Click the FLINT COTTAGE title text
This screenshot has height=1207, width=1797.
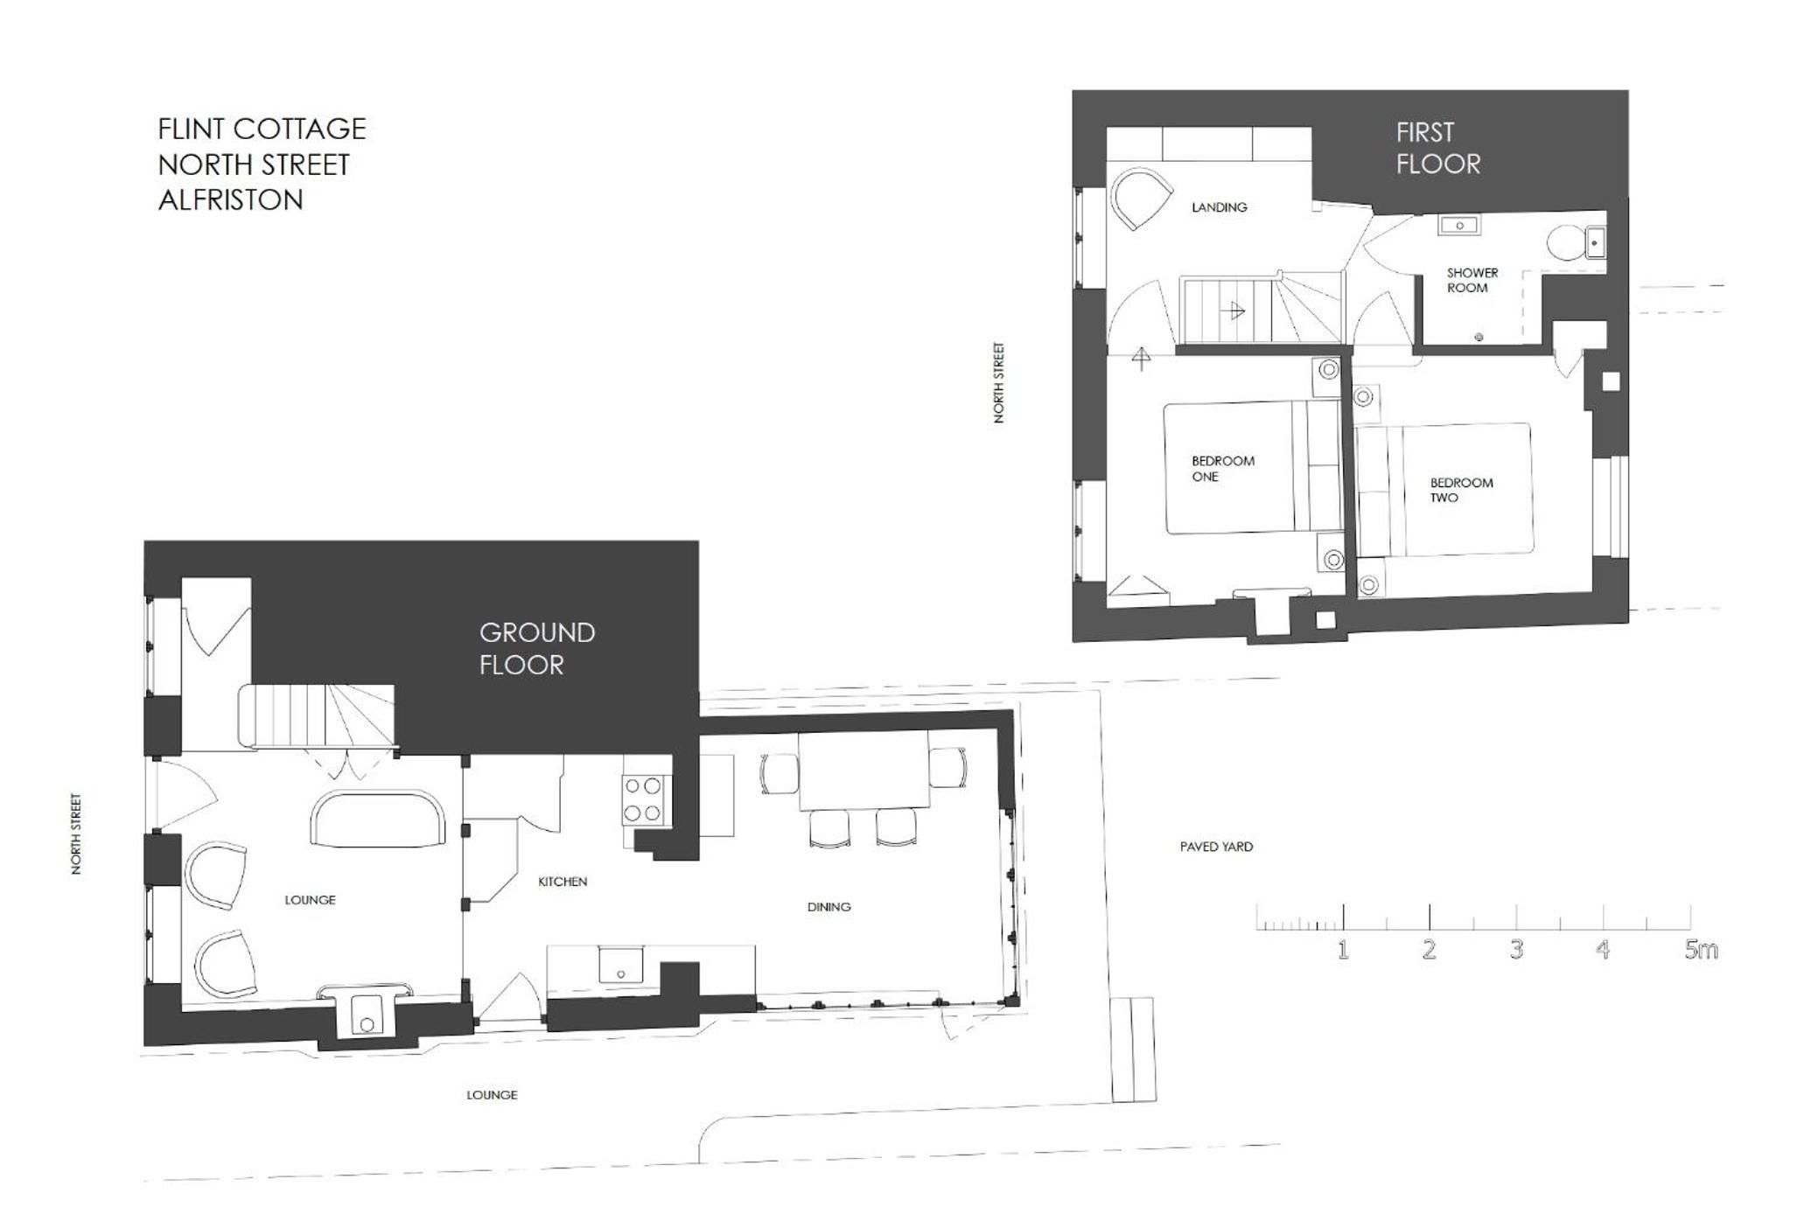click(262, 129)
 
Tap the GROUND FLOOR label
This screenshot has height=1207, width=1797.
click(536, 648)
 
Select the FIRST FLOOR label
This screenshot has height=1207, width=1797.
click(1437, 148)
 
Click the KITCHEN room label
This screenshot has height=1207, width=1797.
click(563, 882)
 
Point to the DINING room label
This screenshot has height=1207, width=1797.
click(829, 907)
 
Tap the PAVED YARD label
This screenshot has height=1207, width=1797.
click(1216, 847)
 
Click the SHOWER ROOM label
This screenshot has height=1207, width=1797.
click(1472, 280)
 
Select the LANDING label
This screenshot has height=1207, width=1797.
click(1219, 207)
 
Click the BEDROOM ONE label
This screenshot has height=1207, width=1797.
click(1222, 469)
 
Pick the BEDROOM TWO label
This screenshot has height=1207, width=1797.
click(1461, 490)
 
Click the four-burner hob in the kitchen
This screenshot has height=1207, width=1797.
click(642, 800)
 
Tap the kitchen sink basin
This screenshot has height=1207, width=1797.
click(620, 964)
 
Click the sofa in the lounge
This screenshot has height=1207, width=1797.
click(378, 820)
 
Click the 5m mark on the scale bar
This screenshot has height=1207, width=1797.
click(1700, 950)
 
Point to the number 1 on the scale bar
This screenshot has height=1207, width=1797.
click(1343, 950)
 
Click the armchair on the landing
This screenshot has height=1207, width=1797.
click(1141, 198)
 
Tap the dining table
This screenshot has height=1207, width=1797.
click(864, 771)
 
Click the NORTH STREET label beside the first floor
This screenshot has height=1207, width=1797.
click(998, 383)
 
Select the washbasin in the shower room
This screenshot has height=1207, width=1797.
click(1458, 226)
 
